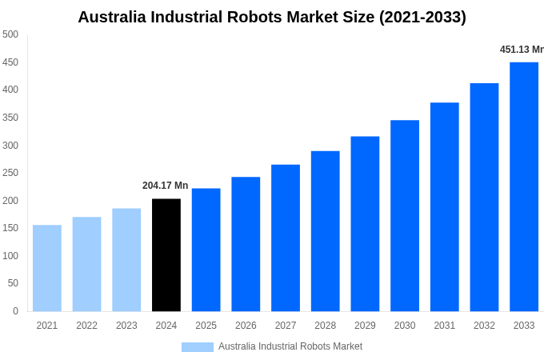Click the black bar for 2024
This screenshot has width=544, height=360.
click(x=166, y=254)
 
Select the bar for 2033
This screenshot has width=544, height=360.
click(x=524, y=186)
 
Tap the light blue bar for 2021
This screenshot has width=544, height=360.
click(x=47, y=268)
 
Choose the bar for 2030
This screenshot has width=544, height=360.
click(x=405, y=215)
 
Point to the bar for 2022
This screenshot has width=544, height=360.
click(x=86, y=264)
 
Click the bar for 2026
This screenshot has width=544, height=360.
click(x=246, y=244)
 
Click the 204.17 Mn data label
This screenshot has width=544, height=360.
click(x=165, y=186)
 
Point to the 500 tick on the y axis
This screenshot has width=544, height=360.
click(x=10, y=34)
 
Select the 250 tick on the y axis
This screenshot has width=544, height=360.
click(x=10, y=173)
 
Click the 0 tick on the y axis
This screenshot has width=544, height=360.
click(x=15, y=311)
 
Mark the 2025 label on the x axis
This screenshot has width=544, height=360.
click(x=206, y=326)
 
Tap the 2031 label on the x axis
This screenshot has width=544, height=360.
click(x=445, y=326)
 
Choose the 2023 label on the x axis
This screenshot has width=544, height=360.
click(x=126, y=326)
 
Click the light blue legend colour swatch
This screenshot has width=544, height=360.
click(x=197, y=346)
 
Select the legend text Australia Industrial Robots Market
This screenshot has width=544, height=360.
click(x=290, y=346)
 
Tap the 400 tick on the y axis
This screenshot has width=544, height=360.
click(x=10, y=90)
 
